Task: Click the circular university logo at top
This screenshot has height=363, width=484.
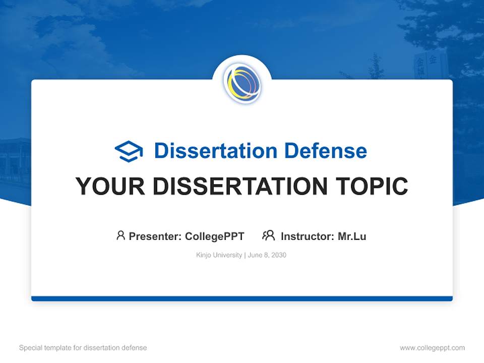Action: [242, 84]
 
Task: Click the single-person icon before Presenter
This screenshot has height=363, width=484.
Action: [120, 235]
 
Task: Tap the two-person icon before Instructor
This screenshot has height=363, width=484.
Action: [269, 235]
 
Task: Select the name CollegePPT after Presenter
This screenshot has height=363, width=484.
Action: [215, 236]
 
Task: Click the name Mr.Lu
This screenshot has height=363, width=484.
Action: [352, 236]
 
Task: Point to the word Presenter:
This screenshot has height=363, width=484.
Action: [155, 236]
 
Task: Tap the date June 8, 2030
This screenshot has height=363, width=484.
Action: [267, 255]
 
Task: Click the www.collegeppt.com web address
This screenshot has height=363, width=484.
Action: [432, 348]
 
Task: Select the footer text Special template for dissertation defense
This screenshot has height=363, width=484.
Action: [83, 348]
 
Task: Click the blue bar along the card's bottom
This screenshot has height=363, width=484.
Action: [242, 298]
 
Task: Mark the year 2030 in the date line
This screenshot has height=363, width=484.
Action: [278, 255]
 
